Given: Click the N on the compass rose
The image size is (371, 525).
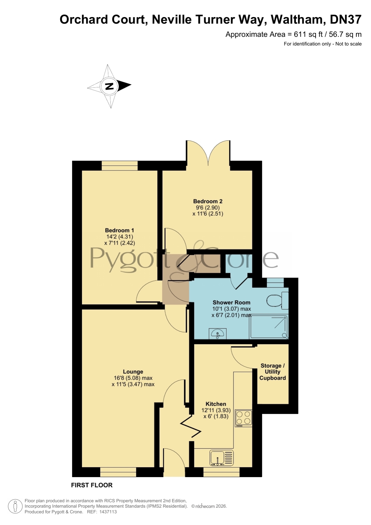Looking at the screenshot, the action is (109, 86).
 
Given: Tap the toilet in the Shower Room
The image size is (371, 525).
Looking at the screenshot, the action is (277, 301).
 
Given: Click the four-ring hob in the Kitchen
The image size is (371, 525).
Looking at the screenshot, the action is (243, 418).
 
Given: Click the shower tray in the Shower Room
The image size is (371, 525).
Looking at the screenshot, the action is (269, 327).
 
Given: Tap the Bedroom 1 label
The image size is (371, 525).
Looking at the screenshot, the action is (119, 230).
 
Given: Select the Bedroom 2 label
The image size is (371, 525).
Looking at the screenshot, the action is (208, 201).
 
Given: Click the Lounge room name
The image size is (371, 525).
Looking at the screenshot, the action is (133, 372).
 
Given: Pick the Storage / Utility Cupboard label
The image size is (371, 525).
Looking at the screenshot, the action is (272, 372).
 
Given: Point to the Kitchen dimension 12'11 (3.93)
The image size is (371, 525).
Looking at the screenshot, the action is (216, 410).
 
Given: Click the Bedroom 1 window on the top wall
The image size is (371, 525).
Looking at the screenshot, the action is (120, 165).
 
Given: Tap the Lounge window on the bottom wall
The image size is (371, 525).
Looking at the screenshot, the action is (118, 472).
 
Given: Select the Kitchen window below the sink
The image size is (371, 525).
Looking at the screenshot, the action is (222, 472).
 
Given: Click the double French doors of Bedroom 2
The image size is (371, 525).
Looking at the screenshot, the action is (208, 153).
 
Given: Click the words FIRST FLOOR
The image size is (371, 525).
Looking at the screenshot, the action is (92, 485).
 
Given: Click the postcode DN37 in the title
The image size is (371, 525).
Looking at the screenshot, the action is (346, 19).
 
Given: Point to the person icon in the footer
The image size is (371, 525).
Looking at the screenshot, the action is (15, 506).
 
